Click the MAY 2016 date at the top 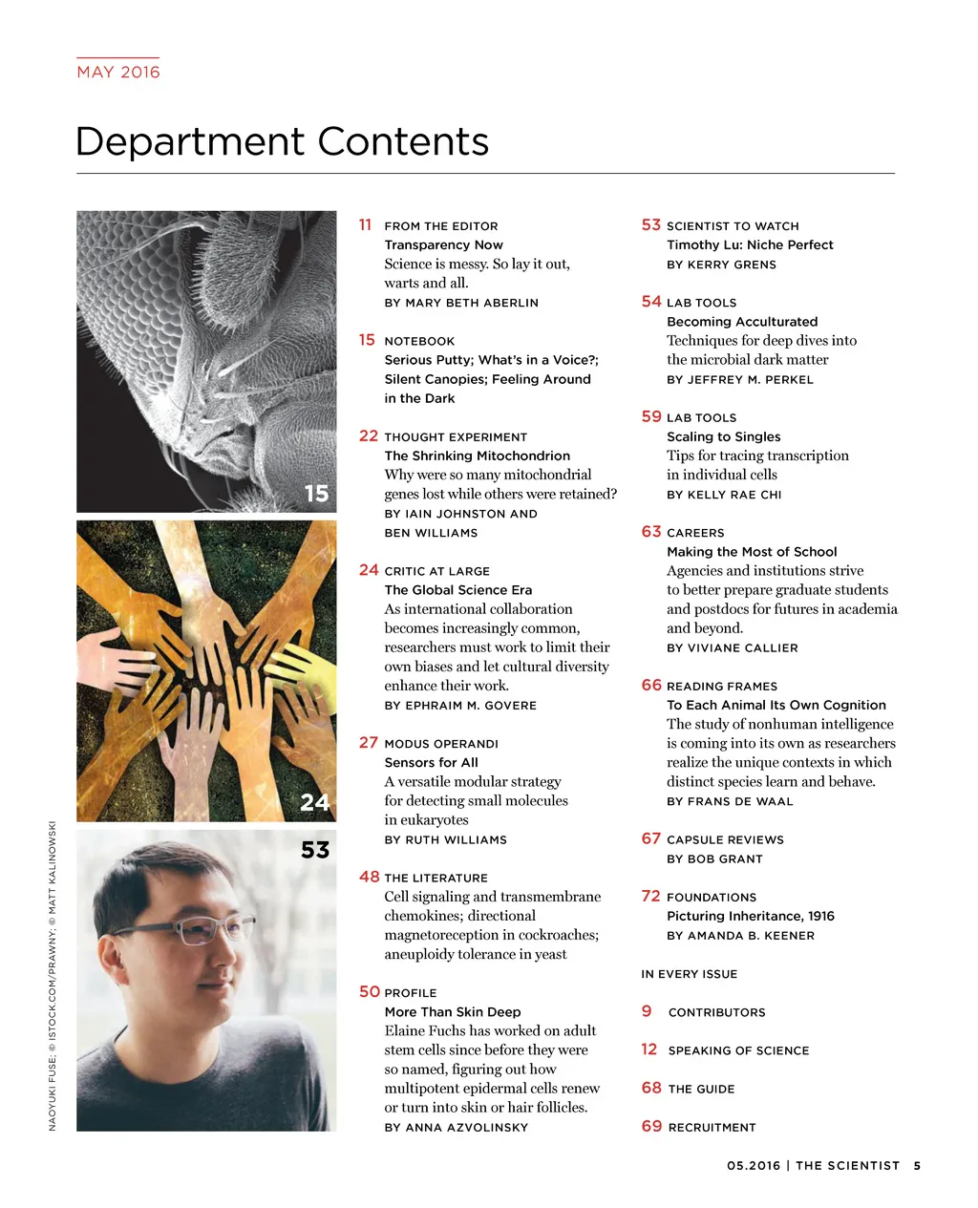point(118,72)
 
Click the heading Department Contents point(282,141)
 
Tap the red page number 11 point(365,224)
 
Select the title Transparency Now point(443,244)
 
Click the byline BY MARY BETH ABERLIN point(461,303)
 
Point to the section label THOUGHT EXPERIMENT point(456,436)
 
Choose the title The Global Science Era point(458,590)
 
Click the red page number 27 point(369,742)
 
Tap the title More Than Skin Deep point(453,1011)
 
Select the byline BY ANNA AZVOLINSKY point(456,1127)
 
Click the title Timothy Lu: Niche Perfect point(750,244)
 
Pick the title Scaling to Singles point(723,436)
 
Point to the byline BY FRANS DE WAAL point(730,801)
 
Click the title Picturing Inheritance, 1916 point(750,916)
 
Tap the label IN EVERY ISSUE point(689,974)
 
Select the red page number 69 point(651,1126)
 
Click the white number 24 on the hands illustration point(314,802)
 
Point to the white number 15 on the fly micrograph point(316,493)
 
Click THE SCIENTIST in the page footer point(847,1165)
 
